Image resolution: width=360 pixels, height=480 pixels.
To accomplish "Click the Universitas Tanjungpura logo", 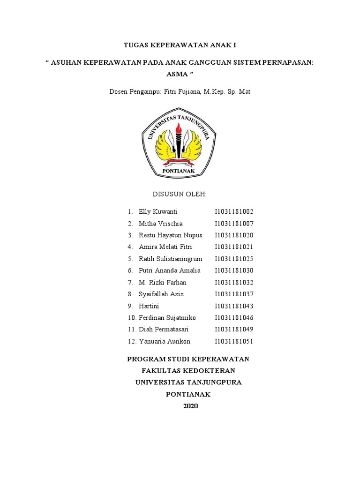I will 179,143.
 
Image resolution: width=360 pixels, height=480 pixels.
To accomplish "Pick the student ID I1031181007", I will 234,224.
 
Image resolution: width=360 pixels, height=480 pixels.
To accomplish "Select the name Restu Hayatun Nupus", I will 171,235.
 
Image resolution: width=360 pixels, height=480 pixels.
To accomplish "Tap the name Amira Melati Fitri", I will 165,247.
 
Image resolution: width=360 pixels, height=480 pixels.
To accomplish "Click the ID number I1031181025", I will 234,259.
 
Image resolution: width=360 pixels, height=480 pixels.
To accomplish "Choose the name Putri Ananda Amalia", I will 170,270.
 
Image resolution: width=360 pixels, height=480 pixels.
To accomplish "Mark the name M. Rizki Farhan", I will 162,282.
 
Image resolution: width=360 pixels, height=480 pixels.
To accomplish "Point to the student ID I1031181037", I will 234,294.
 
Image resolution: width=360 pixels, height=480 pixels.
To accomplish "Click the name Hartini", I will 149,306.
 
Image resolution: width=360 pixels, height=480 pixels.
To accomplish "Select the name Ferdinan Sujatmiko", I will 167,318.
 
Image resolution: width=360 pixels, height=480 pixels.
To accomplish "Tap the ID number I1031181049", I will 234,330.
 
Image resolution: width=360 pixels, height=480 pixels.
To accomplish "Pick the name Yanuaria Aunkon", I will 165,341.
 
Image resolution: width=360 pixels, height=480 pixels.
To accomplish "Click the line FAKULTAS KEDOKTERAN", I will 188,371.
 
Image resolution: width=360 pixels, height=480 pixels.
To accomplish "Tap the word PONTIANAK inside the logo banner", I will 179,172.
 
